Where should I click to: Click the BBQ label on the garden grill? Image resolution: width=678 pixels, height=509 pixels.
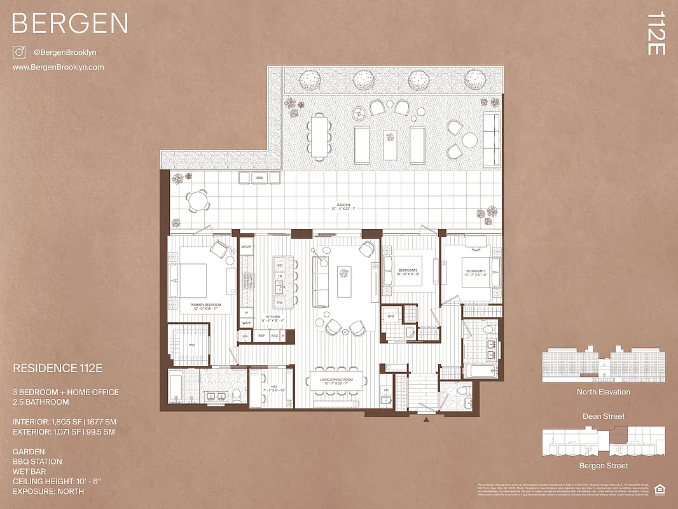tap(259, 177)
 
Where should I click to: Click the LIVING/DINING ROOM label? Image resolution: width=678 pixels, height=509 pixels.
tap(340, 380)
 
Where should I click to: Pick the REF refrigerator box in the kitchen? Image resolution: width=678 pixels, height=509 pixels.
tap(261, 335)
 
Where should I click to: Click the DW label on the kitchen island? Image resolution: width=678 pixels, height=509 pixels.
tap(279, 302)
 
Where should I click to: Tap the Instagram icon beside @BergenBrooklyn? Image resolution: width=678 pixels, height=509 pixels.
tap(19, 52)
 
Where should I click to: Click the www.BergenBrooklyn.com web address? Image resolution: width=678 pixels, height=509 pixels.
tap(58, 67)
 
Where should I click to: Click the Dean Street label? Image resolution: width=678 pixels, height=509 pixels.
tap(603, 416)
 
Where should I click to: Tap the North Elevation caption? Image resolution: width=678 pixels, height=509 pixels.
tap(603, 392)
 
